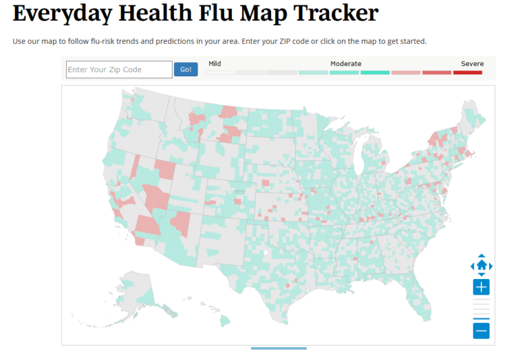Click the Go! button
pyautogui.click(x=185, y=69)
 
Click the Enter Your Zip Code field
pyautogui.click(x=119, y=69)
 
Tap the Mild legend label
pyautogui.click(x=214, y=63)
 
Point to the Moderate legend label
pyautogui.click(x=345, y=63)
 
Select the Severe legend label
pyautogui.click(x=472, y=63)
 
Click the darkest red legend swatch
pyautogui.click(x=467, y=72)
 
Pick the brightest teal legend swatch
pyautogui.click(x=375, y=72)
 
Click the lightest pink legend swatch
pyautogui.click(x=406, y=72)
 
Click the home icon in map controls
pyautogui.click(x=482, y=265)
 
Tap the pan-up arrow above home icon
pyautogui.click(x=482, y=256)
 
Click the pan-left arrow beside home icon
pyautogui.click(x=472, y=266)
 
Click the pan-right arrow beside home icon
pyautogui.click(x=491, y=266)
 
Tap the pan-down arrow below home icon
pyautogui.click(x=482, y=274)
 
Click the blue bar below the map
pyautogui.click(x=279, y=348)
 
